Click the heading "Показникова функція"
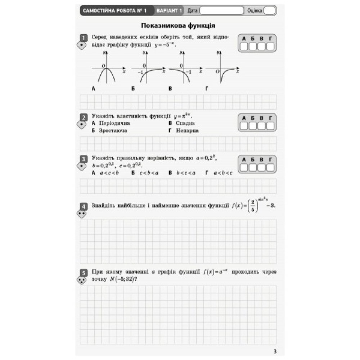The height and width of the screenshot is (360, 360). pos(178,26)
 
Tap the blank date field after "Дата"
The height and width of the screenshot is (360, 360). pos(221,11)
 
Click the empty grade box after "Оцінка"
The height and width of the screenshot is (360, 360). pos(269,11)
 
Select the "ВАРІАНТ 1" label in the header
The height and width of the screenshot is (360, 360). pos(169,11)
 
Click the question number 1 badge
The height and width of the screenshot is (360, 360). pos(84,38)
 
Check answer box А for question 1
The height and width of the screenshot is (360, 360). pos(244,46)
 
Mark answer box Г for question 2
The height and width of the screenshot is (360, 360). pos(270,126)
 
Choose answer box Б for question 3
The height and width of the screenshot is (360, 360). pos(253,167)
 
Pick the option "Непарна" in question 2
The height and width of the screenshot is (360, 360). pos(187,130)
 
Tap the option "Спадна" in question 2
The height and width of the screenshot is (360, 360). pos(185,123)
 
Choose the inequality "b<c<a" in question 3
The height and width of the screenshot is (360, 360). pos(186,173)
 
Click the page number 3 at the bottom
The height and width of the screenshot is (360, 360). pos(275,351)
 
